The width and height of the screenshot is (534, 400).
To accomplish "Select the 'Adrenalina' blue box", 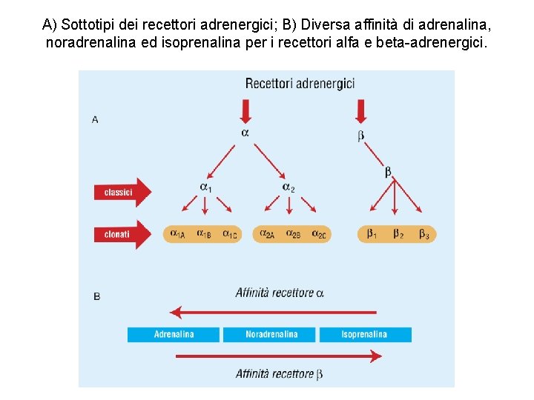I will (x=174, y=335).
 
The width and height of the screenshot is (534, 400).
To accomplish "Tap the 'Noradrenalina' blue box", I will (x=271, y=335).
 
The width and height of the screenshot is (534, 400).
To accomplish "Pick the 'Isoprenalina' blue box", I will (x=364, y=335).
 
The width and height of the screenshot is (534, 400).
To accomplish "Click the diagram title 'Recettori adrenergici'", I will (x=300, y=83).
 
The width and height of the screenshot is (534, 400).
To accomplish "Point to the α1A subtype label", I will (x=178, y=235).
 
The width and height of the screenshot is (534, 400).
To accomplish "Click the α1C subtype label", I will (x=230, y=235).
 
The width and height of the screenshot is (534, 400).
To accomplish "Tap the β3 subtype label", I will (x=423, y=235).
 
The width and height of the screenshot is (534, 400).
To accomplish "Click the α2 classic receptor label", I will (x=289, y=187).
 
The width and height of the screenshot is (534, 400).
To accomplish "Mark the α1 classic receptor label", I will (x=205, y=187).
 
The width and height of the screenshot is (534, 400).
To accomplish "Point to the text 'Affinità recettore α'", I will (x=280, y=293).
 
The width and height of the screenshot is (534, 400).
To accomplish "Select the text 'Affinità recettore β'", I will (x=279, y=374).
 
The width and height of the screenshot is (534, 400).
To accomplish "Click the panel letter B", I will (x=97, y=296).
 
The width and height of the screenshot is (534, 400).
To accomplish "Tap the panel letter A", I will (x=95, y=119).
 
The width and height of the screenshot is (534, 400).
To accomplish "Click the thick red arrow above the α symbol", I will (x=246, y=112).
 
